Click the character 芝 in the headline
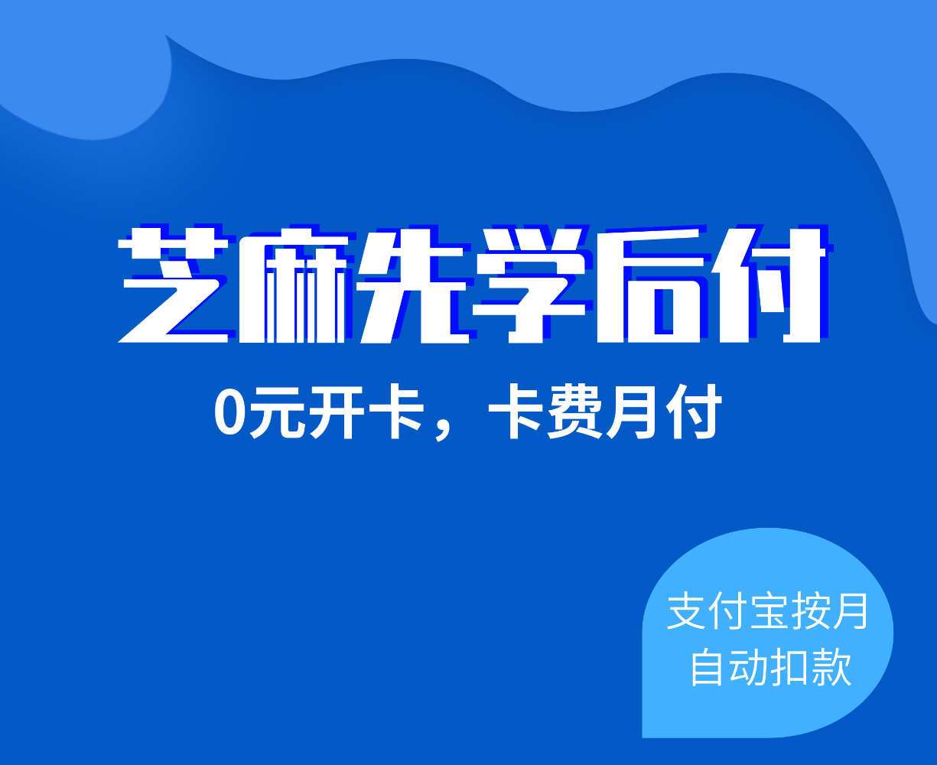174,285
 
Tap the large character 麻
292,285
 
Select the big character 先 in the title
414,285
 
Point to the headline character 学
529,285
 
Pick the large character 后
652,285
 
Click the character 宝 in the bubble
771,611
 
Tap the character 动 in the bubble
749,667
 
